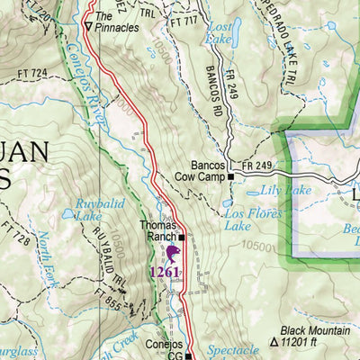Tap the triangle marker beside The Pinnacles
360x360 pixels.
click(87, 27)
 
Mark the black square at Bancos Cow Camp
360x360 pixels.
click(230, 177)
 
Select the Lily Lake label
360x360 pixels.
click(278, 191)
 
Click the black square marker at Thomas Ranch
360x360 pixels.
click(181, 238)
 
